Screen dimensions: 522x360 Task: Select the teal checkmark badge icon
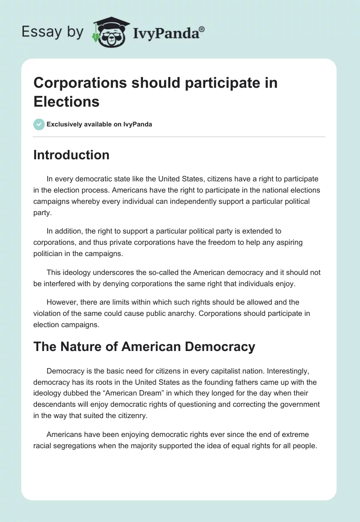click(x=39, y=124)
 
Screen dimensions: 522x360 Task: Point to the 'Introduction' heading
click(x=72, y=155)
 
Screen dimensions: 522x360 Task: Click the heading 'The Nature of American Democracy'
click(x=144, y=347)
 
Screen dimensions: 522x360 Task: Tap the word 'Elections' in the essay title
click(x=67, y=102)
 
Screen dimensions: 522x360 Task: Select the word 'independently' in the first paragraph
click(x=175, y=201)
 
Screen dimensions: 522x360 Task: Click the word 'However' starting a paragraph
click(x=61, y=301)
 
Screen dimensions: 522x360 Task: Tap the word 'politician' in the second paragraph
click(x=49, y=254)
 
